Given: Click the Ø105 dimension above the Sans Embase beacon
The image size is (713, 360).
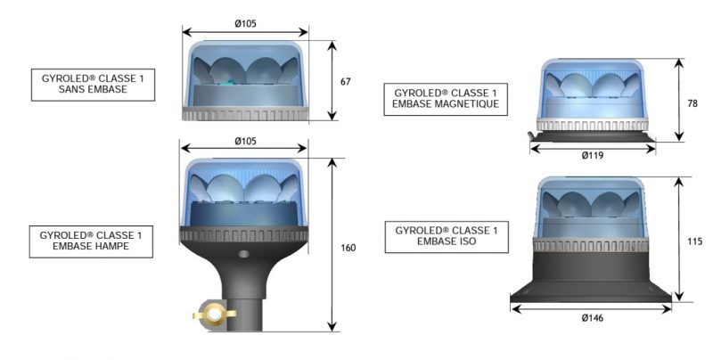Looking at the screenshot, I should [x=245, y=22].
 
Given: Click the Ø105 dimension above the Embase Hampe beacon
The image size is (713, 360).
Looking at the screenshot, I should [x=245, y=141].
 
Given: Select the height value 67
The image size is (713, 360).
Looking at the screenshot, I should [x=346, y=82].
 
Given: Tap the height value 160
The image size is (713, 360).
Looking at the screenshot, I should [x=348, y=247].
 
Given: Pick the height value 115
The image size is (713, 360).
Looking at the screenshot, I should [x=694, y=241].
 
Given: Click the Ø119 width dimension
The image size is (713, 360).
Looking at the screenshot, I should [x=594, y=156].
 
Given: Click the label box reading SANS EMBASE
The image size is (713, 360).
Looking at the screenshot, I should [x=92, y=84].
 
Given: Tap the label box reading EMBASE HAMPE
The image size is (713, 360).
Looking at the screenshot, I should [x=92, y=241].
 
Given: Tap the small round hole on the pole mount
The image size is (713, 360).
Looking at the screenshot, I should [x=243, y=255].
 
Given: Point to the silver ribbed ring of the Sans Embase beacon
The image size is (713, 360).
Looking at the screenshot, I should [x=245, y=113].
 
